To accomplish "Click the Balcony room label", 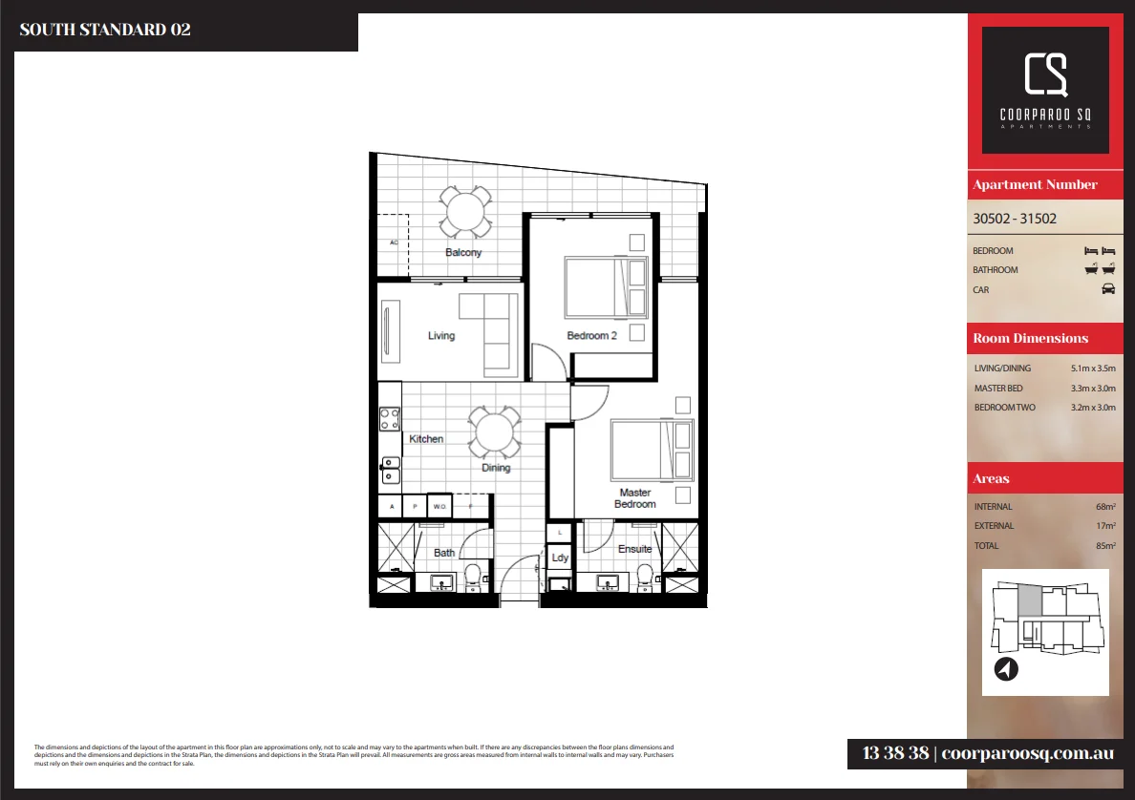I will (463, 253).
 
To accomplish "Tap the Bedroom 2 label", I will (591, 336).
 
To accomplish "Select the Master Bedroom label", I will (634, 498).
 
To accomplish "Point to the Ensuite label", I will (634, 549).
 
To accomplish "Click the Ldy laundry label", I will (560, 558).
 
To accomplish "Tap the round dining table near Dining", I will (495, 432).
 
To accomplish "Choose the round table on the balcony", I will (465, 211).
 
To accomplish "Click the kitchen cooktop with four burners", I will (390, 418).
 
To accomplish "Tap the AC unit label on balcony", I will (393, 242).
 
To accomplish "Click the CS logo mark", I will (1045, 75).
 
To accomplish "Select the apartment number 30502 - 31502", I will (1015, 218).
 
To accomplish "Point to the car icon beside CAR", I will (1108, 289).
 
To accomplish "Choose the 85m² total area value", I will (1106, 546).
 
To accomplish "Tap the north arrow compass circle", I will (1006, 670).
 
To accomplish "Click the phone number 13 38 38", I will (894, 753).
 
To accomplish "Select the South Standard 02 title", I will (105, 30).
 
